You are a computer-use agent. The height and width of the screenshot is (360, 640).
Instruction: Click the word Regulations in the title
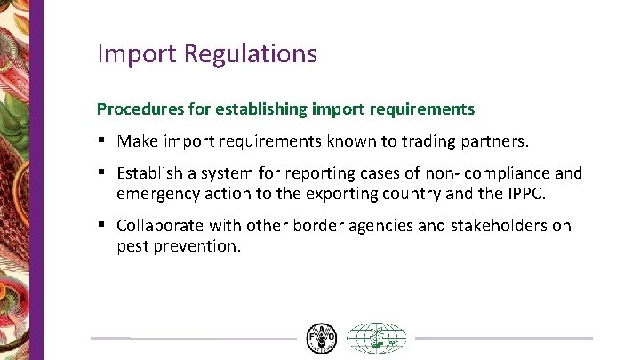click(x=251, y=54)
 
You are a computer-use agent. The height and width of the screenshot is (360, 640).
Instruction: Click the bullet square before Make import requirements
click(x=103, y=140)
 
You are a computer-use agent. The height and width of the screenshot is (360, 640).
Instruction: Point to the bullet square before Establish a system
click(x=103, y=174)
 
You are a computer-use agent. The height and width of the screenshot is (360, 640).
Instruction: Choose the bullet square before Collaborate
click(x=103, y=225)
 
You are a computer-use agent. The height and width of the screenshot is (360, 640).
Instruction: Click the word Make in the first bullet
click(x=137, y=140)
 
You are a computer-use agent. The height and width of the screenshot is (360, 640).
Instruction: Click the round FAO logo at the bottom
click(x=321, y=339)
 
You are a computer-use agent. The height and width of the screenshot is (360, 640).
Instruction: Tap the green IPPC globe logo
click(x=376, y=339)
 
